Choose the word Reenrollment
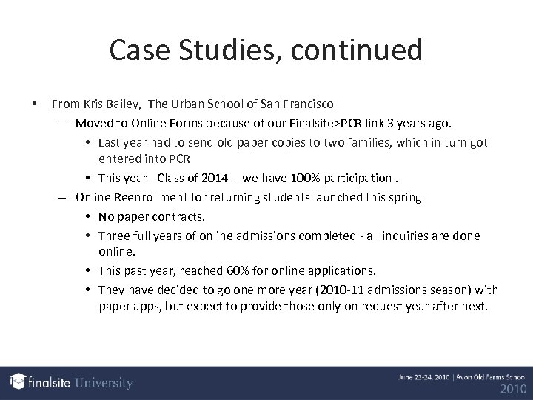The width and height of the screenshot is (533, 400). click(152, 199)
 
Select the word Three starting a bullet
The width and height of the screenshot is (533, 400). click(115, 236)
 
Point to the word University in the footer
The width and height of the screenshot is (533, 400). click(102, 383)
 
